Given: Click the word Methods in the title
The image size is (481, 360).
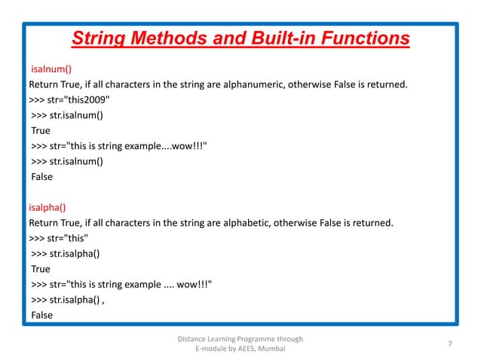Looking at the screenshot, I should [165, 38].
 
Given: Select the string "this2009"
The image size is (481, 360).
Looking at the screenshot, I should [90, 100].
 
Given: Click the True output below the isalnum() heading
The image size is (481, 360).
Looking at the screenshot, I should [41, 130].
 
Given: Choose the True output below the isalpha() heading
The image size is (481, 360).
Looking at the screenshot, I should [41, 269].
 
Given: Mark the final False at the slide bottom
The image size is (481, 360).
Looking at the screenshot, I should [41, 315].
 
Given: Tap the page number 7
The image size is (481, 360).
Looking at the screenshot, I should [449, 344].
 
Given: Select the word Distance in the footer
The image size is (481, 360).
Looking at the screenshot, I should [192, 338].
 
